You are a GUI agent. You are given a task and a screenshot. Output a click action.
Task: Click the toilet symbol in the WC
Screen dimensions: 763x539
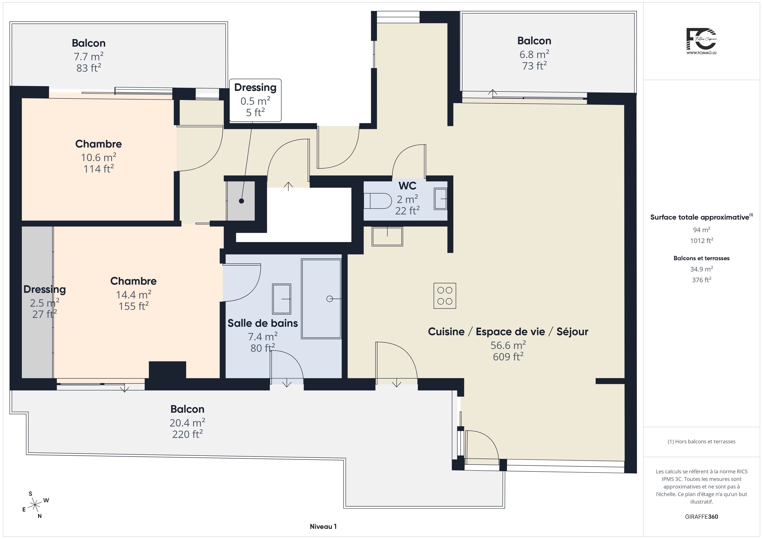tap(378, 201)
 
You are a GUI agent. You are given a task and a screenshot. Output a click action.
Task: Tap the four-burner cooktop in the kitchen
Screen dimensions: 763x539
tap(445, 296)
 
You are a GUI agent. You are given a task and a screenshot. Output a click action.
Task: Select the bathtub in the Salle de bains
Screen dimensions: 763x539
tap(321, 299)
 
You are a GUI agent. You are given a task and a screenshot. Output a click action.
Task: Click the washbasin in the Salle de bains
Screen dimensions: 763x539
tap(281, 299)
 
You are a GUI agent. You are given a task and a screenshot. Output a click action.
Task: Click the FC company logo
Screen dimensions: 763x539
tap(701, 41)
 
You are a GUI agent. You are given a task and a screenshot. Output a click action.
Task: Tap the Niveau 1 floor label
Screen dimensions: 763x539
tap(323, 526)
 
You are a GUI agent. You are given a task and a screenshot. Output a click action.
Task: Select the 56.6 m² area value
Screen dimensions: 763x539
tap(508, 345)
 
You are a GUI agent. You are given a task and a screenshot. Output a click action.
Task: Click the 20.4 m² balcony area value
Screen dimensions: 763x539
tap(187, 423)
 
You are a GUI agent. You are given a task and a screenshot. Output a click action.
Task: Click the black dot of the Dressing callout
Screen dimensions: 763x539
tap(242, 201)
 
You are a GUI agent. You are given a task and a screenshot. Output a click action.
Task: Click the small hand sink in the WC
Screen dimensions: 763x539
tap(441, 198)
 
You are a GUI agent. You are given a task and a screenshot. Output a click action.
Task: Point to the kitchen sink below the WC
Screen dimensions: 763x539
tap(387, 236)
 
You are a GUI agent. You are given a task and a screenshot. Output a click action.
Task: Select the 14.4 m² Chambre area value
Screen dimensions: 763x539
tap(134, 294)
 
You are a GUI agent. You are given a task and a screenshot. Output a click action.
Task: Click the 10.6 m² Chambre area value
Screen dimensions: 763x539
tap(98, 157)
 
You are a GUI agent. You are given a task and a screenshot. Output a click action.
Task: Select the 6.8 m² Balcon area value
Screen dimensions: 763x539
tap(534, 54)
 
